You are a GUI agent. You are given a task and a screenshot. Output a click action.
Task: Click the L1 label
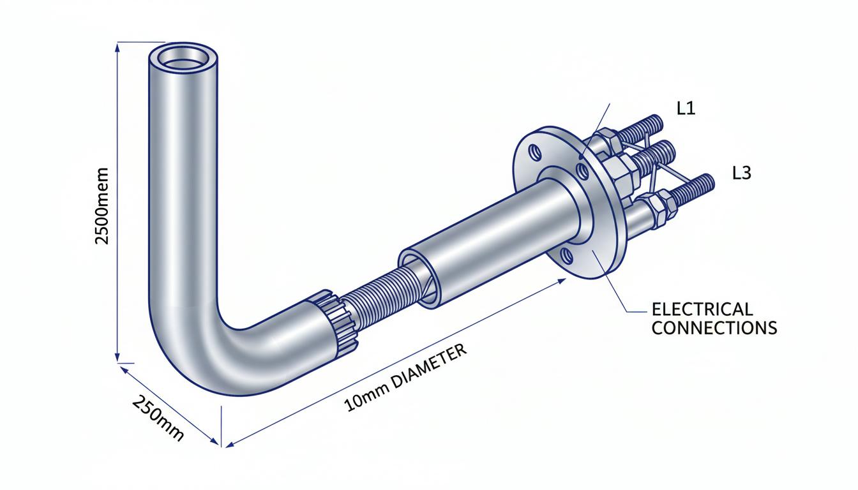pyautogui.click(x=686, y=108)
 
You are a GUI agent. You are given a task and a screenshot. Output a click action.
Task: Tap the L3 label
pyautogui.click(x=742, y=173)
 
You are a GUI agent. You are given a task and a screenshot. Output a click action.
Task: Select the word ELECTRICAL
pyautogui.click(x=702, y=309)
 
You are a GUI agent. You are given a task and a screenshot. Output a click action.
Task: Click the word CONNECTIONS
pyautogui.click(x=714, y=328)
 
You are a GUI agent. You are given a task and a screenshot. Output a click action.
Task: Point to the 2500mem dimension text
pyautogui.click(x=102, y=205)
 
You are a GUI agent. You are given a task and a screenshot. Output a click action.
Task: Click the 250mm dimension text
pyautogui.click(x=158, y=418)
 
